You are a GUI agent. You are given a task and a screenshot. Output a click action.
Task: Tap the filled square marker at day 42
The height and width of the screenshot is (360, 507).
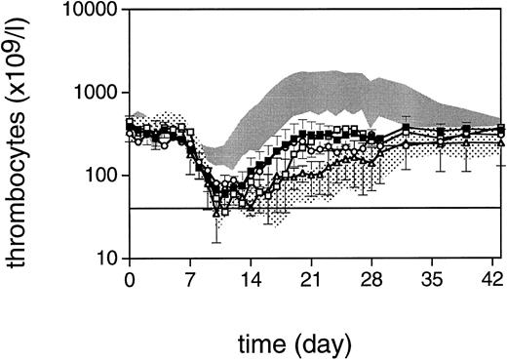click(x=500, y=128)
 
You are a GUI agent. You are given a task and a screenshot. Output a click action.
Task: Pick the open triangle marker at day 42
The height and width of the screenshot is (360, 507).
click(x=500, y=143)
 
